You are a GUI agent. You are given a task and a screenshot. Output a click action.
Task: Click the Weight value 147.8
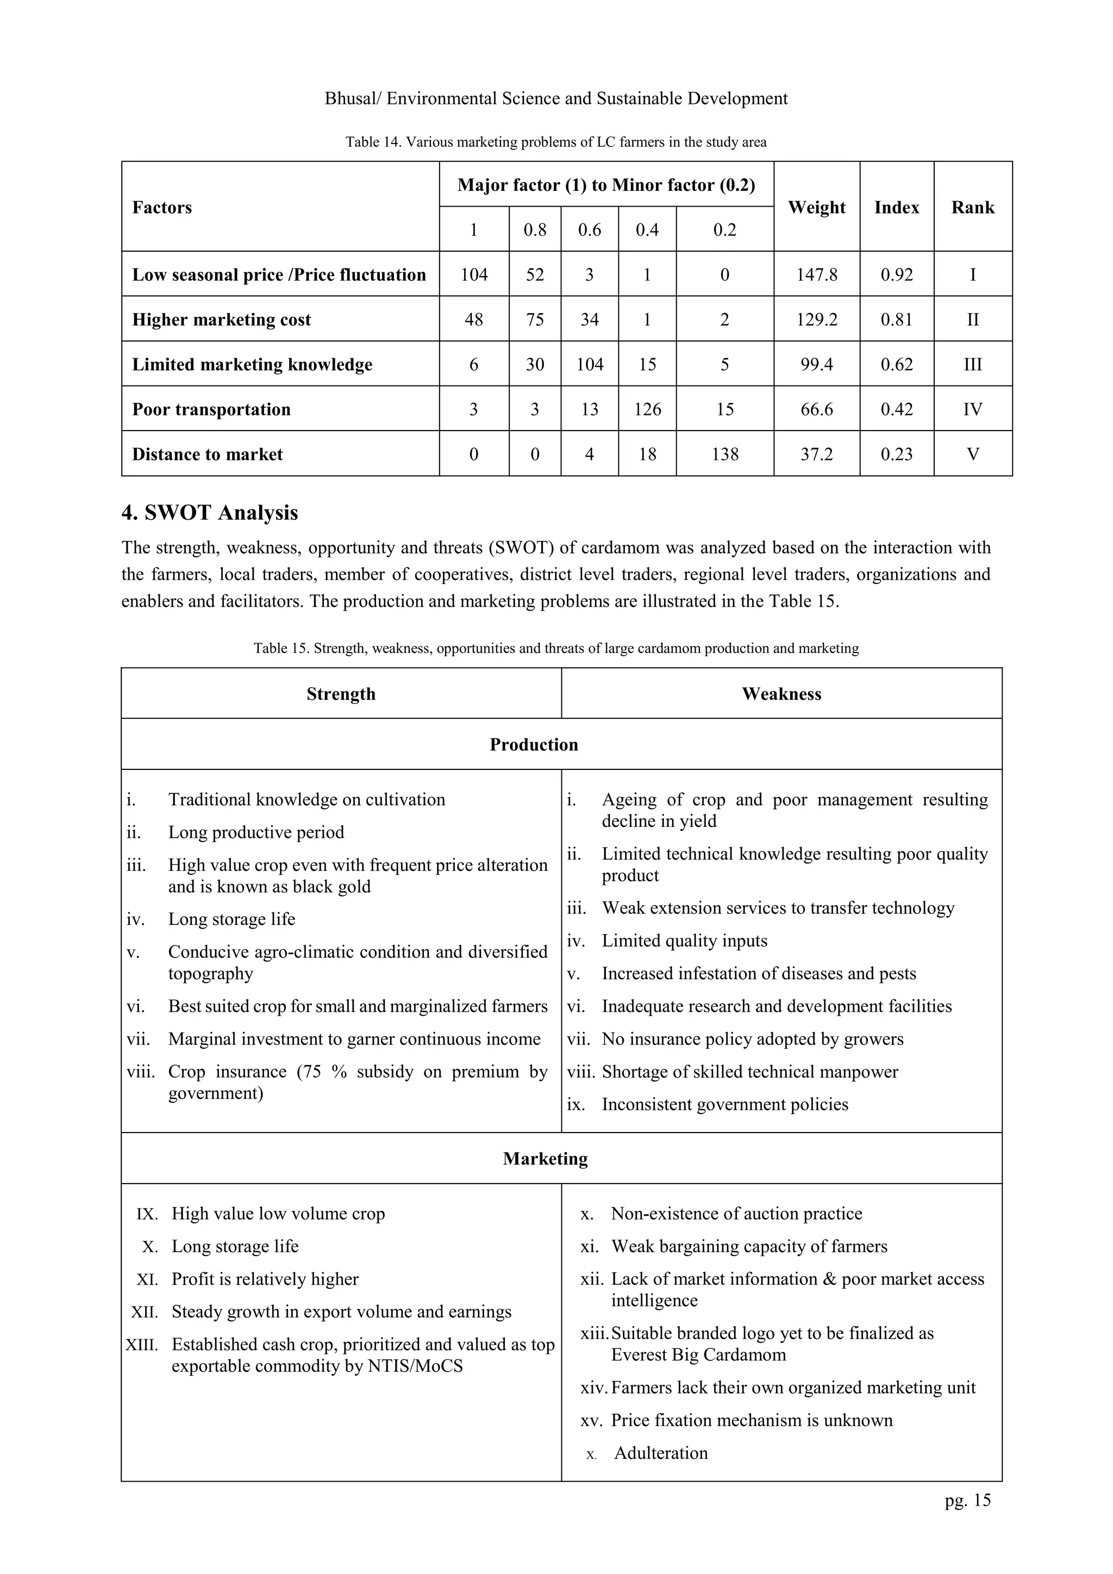tap(816, 275)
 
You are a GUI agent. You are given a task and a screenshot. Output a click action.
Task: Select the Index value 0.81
tap(896, 320)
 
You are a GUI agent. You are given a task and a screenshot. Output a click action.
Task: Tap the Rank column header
tap(972, 207)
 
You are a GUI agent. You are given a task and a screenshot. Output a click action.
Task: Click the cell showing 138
tap(724, 454)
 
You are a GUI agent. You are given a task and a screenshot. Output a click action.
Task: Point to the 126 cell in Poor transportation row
tap(647, 409)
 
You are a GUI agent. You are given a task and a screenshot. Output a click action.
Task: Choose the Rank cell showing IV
tap(972, 409)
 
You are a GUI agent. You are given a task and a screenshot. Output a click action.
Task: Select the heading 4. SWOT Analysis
tap(210, 513)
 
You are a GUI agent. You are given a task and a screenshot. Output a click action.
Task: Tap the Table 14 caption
tap(556, 142)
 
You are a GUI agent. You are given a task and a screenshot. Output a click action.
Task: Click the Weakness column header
tap(781, 694)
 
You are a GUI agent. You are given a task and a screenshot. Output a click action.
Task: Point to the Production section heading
tap(534, 744)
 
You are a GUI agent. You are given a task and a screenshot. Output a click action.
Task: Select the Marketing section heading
tap(545, 1159)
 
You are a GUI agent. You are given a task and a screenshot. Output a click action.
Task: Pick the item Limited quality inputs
tap(684, 941)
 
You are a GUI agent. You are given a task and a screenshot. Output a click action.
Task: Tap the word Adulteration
tap(661, 1453)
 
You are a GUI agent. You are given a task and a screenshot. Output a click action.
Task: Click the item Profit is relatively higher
tap(265, 1279)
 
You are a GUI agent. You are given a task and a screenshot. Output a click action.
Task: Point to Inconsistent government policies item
tap(724, 1104)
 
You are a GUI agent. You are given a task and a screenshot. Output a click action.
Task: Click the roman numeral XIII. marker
tap(142, 1345)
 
